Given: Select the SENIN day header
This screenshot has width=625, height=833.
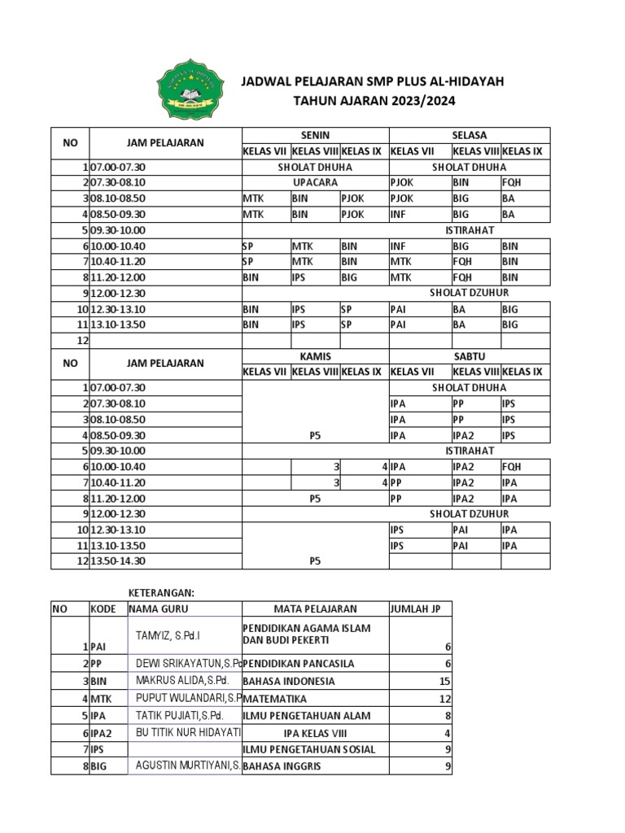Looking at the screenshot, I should tap(315, 135).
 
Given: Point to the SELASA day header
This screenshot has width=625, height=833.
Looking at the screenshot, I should tap(469, 135).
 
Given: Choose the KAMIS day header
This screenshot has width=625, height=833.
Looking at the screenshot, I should tap(315, 356).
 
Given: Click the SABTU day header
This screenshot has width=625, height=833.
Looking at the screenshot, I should tap(469, 356).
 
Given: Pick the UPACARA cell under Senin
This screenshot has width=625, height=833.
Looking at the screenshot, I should tap(315, 183).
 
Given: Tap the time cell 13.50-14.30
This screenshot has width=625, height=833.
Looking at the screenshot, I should tap(124, 560).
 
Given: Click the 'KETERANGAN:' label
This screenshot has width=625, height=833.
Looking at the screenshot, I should tap(163, 593).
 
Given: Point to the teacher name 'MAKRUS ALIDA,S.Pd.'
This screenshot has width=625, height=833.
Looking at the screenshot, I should tap(182, 680).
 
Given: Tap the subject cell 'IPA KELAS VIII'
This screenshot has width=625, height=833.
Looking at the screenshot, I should tap(315, 733).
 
